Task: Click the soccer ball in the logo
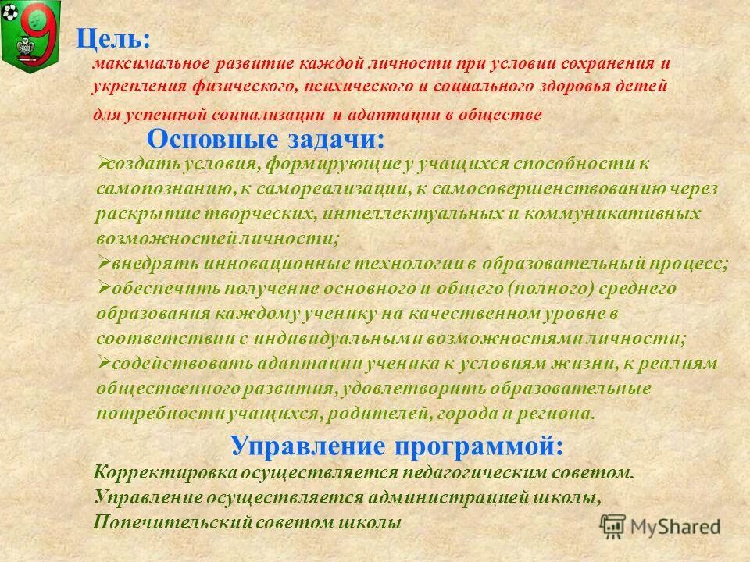point(9,13)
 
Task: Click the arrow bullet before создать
point(102,162)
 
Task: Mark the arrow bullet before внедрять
point(102,262)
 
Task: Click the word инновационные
point(253,264)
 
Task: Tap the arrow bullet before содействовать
point(102,362)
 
